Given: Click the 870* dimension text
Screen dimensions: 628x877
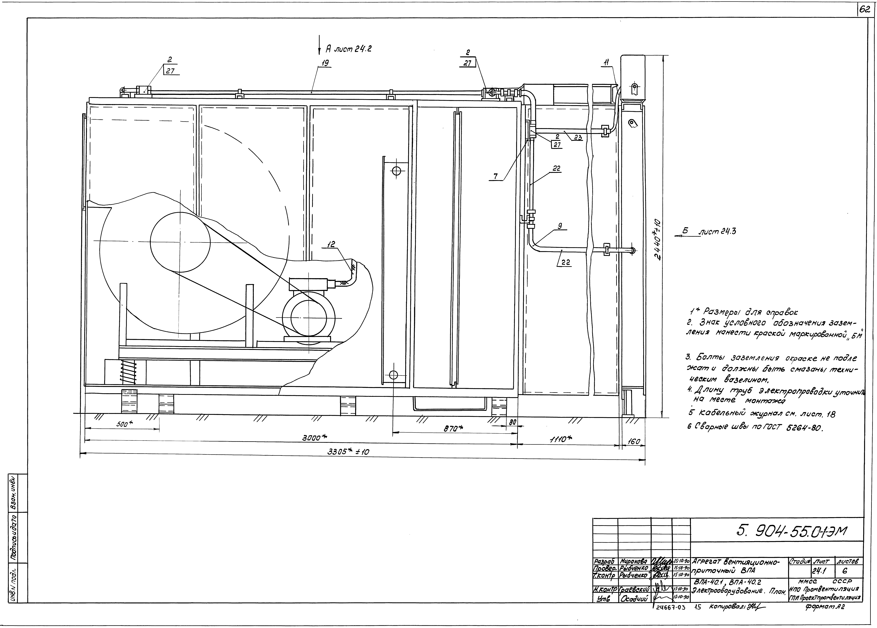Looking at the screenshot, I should tap(452, 428).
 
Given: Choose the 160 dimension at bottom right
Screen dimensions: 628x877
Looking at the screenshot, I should tap(634, 441).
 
